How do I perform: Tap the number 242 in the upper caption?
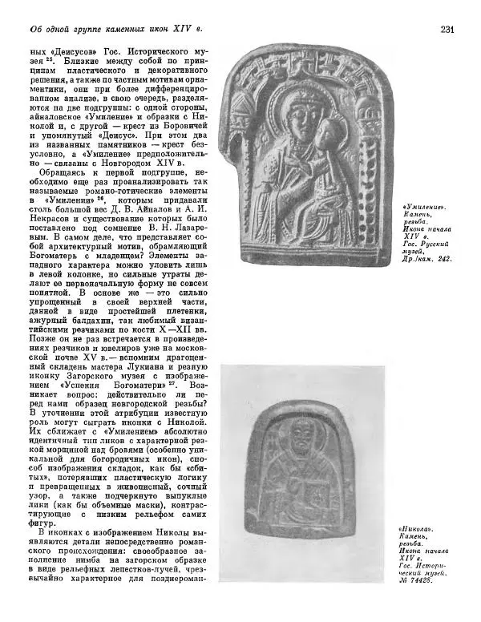442,259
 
